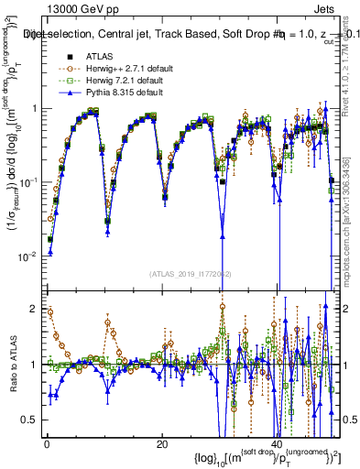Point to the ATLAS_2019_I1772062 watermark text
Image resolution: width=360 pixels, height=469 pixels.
click(x=184, y=274)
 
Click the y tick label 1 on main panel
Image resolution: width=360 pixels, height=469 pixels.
click(x=34, y=109)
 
